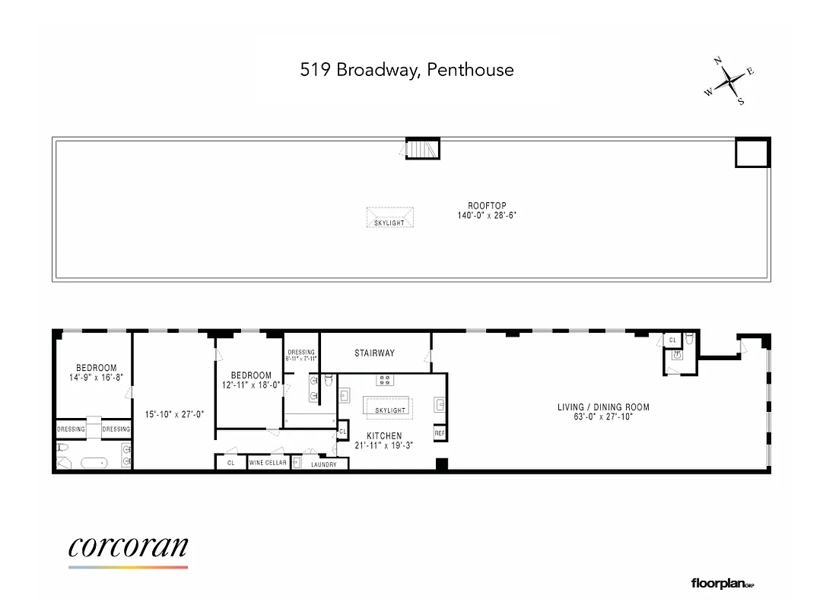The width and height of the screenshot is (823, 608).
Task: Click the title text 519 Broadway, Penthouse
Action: point(406,71)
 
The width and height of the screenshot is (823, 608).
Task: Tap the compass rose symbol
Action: point(729,81)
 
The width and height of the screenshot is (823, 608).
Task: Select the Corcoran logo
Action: point(128,549)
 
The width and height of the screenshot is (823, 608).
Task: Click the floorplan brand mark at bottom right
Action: point(722,584)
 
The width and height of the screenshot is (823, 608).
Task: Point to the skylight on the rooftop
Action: point(389,218)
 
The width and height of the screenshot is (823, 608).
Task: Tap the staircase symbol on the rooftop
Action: point(423,148)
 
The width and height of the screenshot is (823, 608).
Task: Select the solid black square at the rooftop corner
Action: point(752,153)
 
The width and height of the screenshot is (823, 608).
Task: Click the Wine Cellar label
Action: point(269,463)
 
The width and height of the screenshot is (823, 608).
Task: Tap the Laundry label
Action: point(324,464)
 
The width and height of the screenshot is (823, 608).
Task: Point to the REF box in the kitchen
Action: point(439,433)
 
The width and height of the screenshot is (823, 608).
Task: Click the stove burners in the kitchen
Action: point(384,379)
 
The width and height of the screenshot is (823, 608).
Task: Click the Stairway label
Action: point(374,353)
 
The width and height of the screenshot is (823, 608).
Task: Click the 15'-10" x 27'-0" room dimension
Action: point(174,414)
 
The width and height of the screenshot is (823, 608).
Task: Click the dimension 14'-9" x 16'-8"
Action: point(96,377)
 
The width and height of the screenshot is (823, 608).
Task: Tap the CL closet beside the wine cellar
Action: point(230,463)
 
